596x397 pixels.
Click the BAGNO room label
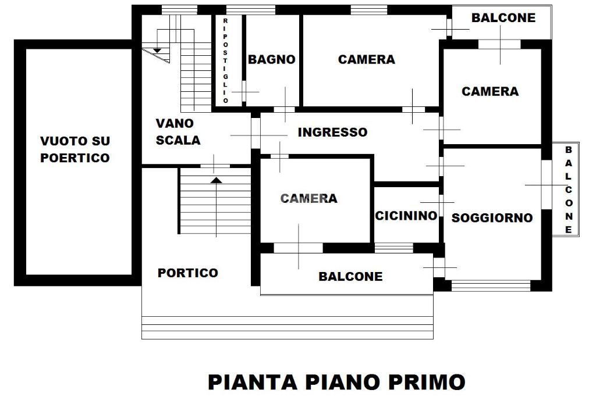271,59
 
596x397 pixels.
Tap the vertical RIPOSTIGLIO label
226,60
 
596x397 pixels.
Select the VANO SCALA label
178,132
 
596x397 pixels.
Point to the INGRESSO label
332,133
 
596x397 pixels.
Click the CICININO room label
406,216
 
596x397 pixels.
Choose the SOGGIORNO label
492,218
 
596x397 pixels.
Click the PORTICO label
187,273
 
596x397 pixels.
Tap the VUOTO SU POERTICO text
75,149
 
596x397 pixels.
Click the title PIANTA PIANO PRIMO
336,382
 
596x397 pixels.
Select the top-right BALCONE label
503,17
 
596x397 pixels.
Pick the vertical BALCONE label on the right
569,189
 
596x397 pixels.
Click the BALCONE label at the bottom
350,277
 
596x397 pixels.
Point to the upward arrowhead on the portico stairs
216,180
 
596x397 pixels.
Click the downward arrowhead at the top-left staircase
157,51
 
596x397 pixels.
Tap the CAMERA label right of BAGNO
366,59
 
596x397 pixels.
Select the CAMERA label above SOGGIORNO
489,91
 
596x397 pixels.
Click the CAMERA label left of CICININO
308,199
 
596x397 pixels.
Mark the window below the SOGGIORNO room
491,285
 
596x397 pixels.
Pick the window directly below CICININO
393,248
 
